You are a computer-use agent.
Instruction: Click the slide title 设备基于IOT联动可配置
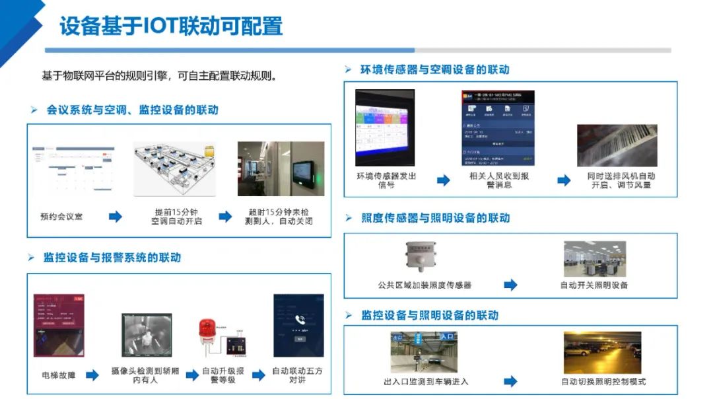point(171,26)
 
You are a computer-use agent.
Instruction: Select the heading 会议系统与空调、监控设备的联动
point(132,110)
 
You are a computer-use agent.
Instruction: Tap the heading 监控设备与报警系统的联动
point(112,258)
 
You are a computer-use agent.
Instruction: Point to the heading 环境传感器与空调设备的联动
point(435,69)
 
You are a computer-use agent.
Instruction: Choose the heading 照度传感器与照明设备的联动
point(436,218)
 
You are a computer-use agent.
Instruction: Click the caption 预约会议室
point(61,217)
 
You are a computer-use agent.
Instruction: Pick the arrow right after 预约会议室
point(116,217)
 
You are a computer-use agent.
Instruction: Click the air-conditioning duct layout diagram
point(174,168)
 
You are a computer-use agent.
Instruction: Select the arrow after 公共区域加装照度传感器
point(510,285)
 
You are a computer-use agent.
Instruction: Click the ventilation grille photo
point(617,145)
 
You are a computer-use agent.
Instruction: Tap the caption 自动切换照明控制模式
point(603,382)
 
